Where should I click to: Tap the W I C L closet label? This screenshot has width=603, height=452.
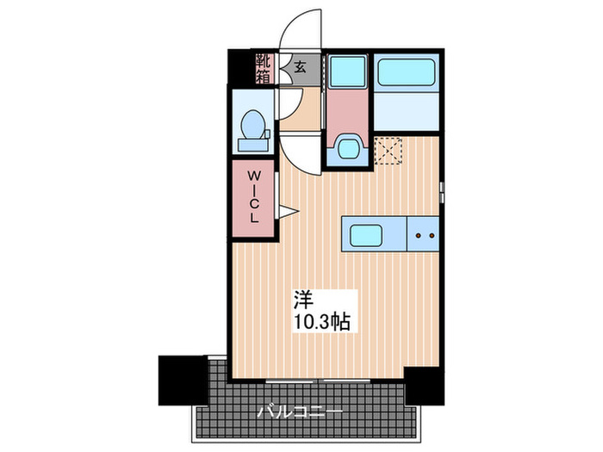click(x=254, y=197)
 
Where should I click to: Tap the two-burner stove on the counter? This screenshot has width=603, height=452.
click(x=422, y=233)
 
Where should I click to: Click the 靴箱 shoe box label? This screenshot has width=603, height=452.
click(x=262, y=68)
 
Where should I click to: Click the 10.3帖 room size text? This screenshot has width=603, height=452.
click(x=321, y=323)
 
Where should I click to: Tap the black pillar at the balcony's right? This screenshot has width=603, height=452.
click(x=425, y=382)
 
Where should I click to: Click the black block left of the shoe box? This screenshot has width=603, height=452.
click(x=239, y=68)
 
